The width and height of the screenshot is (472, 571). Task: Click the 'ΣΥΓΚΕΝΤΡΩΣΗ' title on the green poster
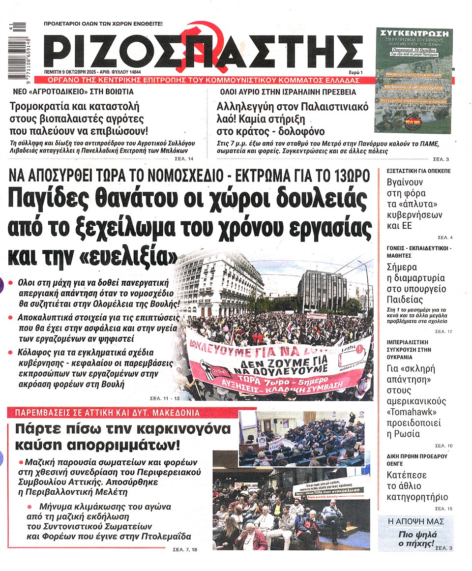point(413,31)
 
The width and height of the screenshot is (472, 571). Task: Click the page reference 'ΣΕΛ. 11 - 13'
point(163,398)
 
